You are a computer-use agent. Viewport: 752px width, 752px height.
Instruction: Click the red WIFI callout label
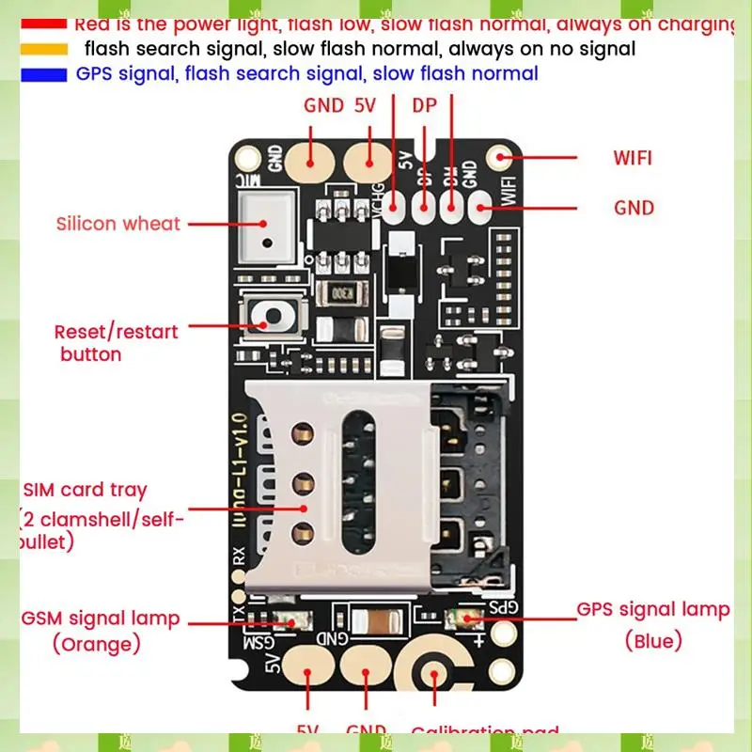[x=633, y=157]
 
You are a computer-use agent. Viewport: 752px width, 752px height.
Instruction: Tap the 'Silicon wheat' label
[x=117, y=224]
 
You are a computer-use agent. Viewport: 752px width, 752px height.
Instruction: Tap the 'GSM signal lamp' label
[x=101, y=619]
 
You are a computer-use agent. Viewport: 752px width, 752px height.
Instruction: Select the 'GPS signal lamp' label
[x=652, y=609]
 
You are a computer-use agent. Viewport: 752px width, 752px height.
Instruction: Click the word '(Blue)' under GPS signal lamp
[x=653, y=641]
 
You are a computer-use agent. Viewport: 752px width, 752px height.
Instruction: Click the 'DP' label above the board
[x=425, y=105]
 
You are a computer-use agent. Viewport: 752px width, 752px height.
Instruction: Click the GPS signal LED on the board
[x=466, y=618]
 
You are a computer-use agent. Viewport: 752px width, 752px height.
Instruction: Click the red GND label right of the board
[x=634, y=207]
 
